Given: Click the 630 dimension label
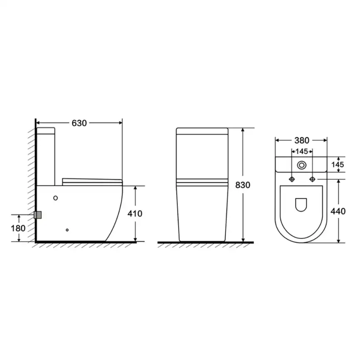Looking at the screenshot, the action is coord(79,123).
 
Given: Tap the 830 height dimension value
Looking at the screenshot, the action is coord(243,185).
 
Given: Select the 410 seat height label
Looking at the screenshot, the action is coord(135,214).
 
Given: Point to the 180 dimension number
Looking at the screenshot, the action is coord(18,229).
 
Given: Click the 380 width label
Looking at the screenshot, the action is coord(302,140).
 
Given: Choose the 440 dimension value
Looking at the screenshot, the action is coord(338,211).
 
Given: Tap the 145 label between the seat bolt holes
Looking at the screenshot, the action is coord(302,152).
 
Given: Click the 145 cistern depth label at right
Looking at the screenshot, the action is coord(338,164).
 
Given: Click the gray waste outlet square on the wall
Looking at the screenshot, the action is coord(38,215).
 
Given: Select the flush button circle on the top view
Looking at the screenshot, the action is coord(302,165).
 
